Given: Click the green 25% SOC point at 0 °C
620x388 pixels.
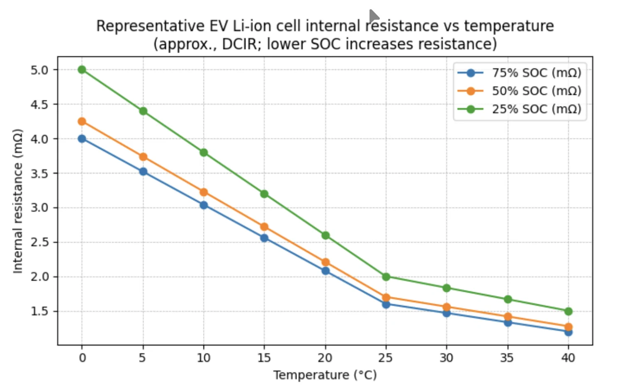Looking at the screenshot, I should click(x=82, y=70).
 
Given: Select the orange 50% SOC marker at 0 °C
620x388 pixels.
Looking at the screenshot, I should click(x=82, y=121).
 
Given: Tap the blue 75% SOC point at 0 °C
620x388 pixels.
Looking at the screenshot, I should click(x=82, y=139).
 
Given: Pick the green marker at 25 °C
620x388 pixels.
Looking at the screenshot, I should click(x=386, y=276).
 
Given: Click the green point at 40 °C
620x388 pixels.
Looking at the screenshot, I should click(x=568, y=311).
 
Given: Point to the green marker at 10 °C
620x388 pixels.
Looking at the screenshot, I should click(x=204, y=153).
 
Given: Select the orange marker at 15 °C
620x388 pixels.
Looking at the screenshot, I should click(x=264, y=227).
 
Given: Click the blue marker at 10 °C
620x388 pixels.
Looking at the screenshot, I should click(x=204, y=205).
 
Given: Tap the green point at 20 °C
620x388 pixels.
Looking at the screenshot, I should click(x=326, y=235).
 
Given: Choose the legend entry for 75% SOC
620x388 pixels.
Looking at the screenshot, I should click(x=536, y=73).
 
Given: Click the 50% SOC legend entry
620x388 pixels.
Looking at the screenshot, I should click(x=536, y=91).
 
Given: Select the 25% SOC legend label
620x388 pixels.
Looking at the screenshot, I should click(x=536, y=109).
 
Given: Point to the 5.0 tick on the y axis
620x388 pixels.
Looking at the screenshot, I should click(x=39, y=70).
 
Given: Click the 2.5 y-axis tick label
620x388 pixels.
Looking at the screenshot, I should click(x=39, y=243).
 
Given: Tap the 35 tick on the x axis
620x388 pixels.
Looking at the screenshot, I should click(x=507, y=358).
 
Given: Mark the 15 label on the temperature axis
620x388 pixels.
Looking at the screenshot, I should click(x=264, y=358).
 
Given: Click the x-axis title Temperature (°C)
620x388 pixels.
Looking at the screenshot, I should click(x=325, y=375).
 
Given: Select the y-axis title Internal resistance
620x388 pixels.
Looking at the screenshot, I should click(x=17, y=201).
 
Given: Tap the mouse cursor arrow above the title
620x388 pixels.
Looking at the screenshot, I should click(x=374, y=16).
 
